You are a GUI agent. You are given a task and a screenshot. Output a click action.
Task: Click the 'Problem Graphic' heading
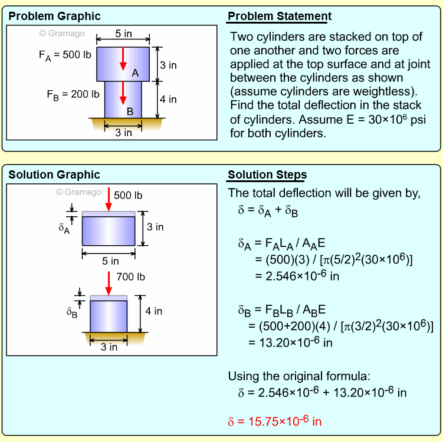[x=54, y=16]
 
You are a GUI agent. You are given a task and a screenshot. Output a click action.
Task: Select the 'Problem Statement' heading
[x=280, y=16]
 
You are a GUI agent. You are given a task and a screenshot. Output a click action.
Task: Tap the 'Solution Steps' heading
[x=267, y=175]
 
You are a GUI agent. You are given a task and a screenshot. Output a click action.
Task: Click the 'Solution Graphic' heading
[x=54, y=175]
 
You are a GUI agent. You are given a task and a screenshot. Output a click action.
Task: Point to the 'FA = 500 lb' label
[x=67, y=57]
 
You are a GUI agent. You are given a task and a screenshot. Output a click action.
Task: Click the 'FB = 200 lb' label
[x=73, y=94]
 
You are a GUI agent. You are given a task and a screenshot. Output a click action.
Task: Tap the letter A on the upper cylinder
[x=135, y=73]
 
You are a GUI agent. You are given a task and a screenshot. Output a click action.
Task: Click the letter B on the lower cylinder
[x=130, y=111]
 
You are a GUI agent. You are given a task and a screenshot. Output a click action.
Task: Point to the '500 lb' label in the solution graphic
[x=128, y=195]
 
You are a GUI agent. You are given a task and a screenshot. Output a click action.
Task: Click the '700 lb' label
[x=131, y=276]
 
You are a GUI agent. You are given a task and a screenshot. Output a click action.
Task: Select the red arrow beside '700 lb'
[x=109, y=283]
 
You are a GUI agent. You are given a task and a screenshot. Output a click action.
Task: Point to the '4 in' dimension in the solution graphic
[x=154, y=311]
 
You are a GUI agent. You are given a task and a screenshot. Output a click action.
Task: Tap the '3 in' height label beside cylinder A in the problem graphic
[x=169, y=65]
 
